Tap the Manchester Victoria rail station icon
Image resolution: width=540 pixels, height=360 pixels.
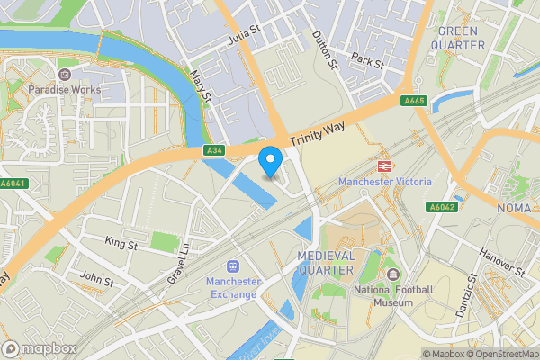[384, 166]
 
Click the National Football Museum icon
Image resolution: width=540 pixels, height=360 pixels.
[392, 274]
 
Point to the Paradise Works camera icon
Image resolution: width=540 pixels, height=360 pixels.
[64, 75]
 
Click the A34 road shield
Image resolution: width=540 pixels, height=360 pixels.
[213, 150]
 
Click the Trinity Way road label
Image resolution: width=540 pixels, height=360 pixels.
[318, 136]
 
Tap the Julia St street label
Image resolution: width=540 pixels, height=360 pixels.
[244, 35]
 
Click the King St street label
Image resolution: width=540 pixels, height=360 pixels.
[121, 243]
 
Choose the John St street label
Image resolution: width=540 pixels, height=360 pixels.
[96, 281]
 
